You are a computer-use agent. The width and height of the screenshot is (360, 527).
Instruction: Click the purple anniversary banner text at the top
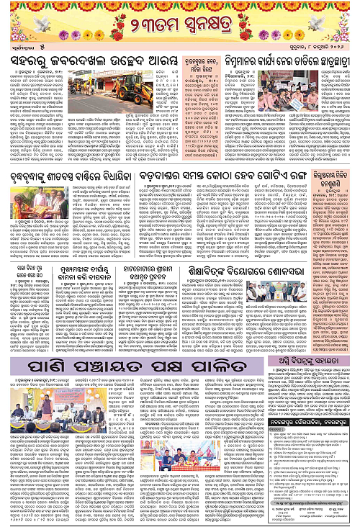click(179, 30)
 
